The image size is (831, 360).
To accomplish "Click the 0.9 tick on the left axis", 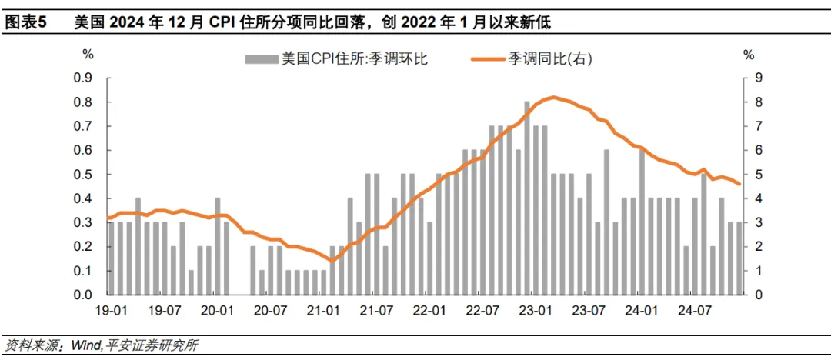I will pyautogui.click(x=83, y=78).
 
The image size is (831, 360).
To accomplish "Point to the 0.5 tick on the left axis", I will pyautogui.click(x=83, y=175).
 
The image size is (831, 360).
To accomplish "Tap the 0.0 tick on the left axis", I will pyautogui.click(x=83, y=295).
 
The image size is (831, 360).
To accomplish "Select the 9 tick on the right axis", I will pyautogui.click(x=759, y=78).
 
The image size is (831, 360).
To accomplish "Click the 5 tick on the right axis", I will pyautogui.click(x=759, y=175).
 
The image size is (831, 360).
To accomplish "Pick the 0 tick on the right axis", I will pyautogui.click(x=759, y=295).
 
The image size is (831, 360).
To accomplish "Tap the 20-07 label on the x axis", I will pyautogui.click(x=270, y=311).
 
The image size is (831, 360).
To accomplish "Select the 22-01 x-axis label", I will pyautogui.click(x=429, y=311).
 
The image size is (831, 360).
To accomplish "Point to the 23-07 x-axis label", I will pyautogui.click(x=589, y=311).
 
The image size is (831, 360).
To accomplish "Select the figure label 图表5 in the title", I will pyautogui.click(x=25, y=24).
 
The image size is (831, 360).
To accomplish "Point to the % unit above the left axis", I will pyautogui.click(x=88, y=55).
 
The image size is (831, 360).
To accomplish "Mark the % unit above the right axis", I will pyautogui.click(x=749, y=55).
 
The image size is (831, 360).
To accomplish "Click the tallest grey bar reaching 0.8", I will pyautogui.click(x=527, y=198).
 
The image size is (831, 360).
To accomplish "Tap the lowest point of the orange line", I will pyautogui.click(x=332, y=261).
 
